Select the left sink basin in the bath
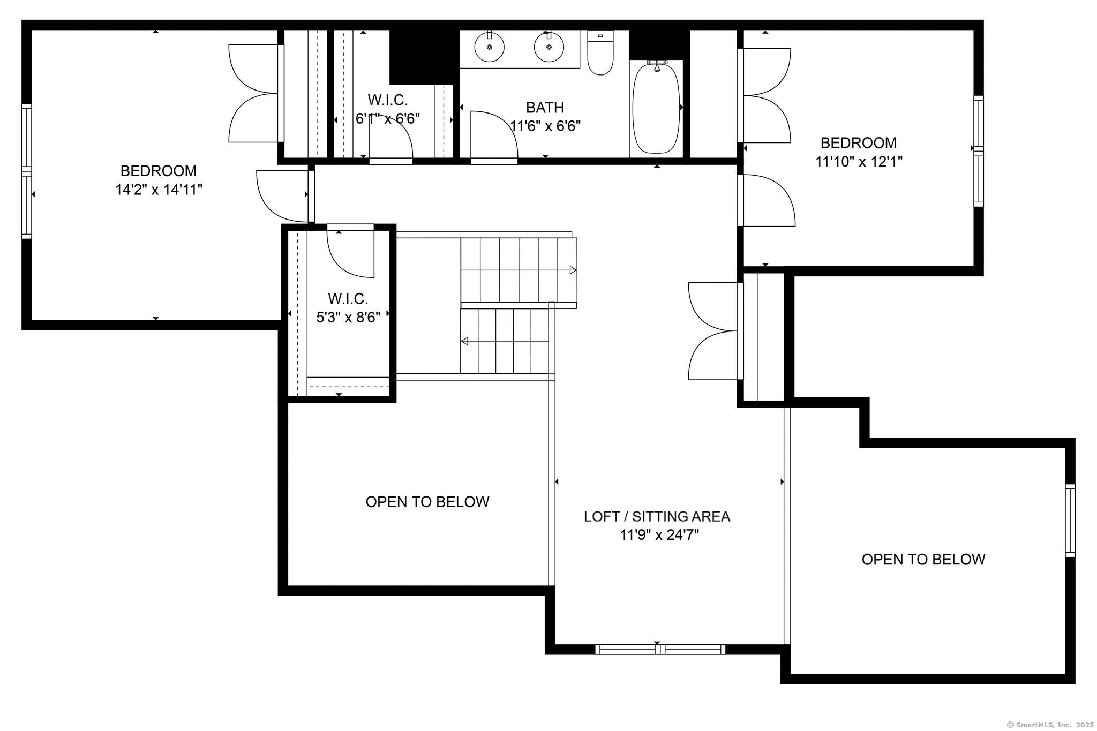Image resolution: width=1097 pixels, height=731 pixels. point(490,47)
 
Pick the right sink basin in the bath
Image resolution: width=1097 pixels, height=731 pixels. point(549,47)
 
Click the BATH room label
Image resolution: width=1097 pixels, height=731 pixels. point(545,108)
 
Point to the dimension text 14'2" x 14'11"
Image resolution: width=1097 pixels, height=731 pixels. point(159,190)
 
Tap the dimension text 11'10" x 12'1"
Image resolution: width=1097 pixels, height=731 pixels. point(859,162)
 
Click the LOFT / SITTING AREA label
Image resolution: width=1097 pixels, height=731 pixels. point(657,516)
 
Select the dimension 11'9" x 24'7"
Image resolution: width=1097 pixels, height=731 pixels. point(659,535)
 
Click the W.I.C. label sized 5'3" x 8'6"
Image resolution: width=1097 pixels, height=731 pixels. point(348,298)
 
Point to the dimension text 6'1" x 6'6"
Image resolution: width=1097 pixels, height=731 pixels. point(388,118)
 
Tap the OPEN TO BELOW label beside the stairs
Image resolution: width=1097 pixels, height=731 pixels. point(427,502)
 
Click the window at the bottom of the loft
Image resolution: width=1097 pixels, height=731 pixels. point(660,649)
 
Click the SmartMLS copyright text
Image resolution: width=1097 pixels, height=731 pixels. point(1050,725)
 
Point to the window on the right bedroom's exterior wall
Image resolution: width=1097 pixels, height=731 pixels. point(978,151)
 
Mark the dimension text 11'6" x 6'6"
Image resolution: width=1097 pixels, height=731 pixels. point(545,126)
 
